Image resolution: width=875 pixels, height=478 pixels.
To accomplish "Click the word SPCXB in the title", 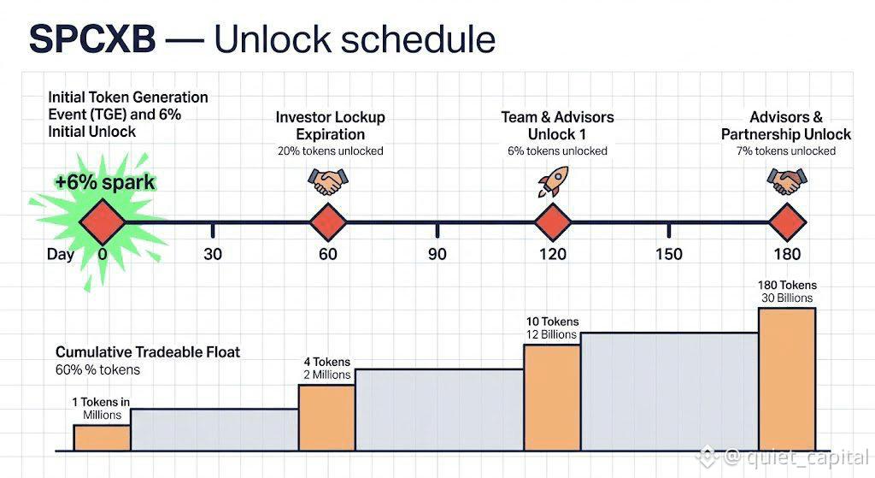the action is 92,39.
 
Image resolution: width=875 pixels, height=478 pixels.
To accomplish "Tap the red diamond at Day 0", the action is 103,221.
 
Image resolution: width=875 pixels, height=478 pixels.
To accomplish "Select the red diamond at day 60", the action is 328,221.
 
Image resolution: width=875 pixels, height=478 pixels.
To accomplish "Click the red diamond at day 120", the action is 553,221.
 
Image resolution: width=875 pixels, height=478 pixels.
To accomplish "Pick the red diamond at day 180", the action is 787,221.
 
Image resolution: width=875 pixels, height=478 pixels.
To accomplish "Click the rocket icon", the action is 553,181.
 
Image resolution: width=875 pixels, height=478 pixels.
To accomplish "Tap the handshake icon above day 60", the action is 328,182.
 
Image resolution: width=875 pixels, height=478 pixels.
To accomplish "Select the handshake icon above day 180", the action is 787,181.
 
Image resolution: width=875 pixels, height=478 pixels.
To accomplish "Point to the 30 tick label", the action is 213,254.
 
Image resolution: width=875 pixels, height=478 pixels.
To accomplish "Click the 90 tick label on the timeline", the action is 437,254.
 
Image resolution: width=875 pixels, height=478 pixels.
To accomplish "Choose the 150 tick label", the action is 669,254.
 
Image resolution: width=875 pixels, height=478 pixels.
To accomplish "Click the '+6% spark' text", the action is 105,183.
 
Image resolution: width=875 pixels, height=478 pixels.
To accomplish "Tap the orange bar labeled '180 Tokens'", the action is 787,379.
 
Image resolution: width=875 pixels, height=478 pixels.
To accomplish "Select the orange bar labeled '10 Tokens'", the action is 553,397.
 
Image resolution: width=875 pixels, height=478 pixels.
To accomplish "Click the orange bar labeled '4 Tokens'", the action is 327,417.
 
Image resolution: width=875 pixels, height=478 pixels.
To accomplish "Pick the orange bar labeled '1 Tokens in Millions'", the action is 103,438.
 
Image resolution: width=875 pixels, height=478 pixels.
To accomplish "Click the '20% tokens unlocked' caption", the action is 331,150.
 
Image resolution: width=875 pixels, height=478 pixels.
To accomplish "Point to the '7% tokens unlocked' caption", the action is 786,150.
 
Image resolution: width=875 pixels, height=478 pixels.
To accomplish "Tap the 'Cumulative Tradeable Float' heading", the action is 148,351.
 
